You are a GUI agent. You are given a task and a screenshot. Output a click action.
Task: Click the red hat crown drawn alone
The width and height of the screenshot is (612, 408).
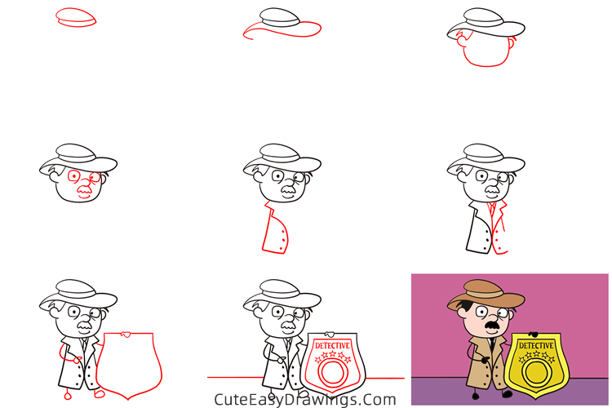76,17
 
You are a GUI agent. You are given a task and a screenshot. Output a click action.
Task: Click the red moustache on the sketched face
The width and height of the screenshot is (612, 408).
84,190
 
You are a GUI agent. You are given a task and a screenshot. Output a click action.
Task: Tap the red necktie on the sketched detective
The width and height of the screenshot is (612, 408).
492,208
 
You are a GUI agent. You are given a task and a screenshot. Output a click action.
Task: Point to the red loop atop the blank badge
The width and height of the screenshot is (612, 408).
126,335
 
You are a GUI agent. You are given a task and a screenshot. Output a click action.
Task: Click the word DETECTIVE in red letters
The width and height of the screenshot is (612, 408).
332,345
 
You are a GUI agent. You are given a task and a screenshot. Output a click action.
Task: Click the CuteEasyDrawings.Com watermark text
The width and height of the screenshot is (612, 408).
305,400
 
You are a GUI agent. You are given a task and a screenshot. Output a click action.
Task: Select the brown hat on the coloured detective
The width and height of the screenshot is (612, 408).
486,295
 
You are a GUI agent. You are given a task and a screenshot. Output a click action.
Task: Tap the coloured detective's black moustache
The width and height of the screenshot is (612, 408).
493,326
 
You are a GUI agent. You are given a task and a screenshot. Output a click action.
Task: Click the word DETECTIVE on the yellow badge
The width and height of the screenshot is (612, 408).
536,345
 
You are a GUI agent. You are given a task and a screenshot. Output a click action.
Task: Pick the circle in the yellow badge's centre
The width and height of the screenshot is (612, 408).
536,372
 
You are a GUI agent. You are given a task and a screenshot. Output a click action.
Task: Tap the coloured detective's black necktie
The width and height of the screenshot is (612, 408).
492,344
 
